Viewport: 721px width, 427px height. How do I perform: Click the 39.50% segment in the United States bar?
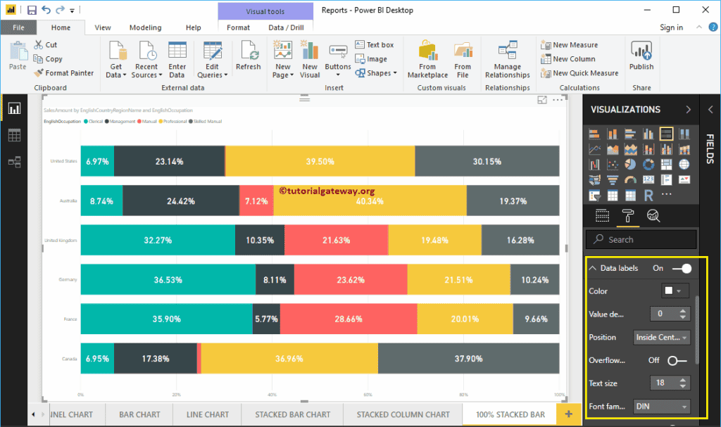point(320,161)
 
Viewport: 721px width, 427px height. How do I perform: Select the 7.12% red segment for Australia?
point(256,200)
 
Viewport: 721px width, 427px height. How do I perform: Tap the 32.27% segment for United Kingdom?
point(158,240)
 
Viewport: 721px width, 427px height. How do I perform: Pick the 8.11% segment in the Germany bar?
point(275,279)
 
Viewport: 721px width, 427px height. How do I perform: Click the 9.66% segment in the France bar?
point(536,319)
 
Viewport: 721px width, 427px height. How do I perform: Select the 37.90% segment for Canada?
point(468,358)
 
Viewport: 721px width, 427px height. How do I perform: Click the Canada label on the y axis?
point(69,359)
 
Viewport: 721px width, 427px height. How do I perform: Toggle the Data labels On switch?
point(682,268)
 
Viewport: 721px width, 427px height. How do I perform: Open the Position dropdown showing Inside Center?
point(661,338)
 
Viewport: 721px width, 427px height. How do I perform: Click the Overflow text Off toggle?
point(677,360)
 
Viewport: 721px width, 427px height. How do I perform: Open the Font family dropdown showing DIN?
point(661,406)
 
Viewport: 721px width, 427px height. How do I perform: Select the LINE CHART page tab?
point(208,414)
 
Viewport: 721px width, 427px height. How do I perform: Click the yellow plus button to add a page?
point(568,414)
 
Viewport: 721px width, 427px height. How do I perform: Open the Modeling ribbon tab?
point(145,27)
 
